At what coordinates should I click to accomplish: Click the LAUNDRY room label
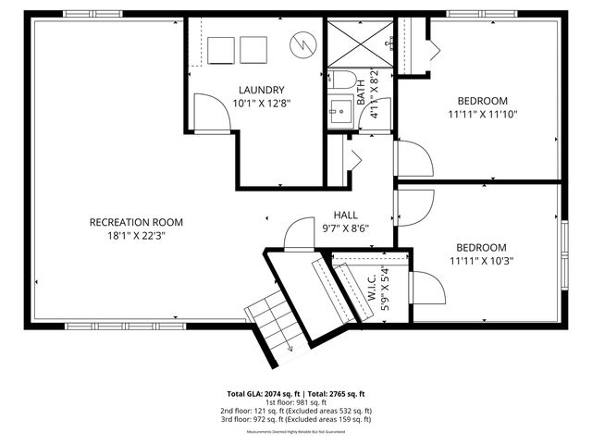260,90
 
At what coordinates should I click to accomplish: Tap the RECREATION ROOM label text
136,222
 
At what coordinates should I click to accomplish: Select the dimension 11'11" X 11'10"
482,115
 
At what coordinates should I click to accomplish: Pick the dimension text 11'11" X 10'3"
481,261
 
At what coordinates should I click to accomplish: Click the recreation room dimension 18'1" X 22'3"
136,235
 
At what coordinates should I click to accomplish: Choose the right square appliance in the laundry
253,50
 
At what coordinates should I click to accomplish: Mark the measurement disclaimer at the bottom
295,432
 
